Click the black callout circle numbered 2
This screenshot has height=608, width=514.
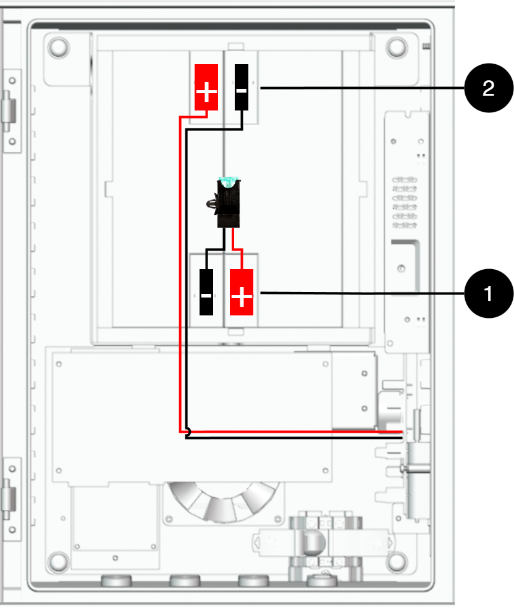pos(489,88)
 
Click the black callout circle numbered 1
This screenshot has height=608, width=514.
pos(489,294)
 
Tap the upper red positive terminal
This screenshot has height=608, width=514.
pos(206,87)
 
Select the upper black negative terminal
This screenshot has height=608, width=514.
pos(242,87)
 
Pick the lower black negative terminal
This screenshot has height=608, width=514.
pos(206,292)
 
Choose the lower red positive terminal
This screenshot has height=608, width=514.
pos(242,292)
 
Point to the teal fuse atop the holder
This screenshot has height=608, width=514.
pos(229,181)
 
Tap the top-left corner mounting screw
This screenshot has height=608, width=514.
pos(59,48)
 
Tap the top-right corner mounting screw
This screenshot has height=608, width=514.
pos(397,48)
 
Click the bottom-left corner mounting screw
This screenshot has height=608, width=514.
pos(59,562)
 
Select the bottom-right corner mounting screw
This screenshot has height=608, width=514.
pos(397,562)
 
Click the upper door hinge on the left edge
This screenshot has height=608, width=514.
pos(11,111)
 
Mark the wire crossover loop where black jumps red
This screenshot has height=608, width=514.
pos(188,431)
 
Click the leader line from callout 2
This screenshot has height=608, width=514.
pos(362,88)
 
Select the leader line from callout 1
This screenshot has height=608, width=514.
pos(362,293)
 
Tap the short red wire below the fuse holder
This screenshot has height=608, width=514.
pos(237,249)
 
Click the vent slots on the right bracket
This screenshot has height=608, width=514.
pos(405,202)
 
